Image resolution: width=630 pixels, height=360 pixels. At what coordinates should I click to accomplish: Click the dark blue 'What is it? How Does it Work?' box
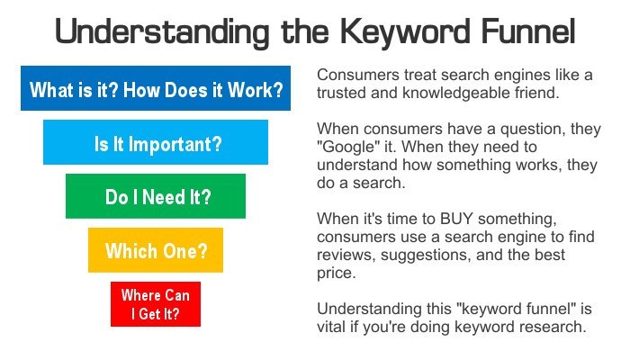(x=157, y=90)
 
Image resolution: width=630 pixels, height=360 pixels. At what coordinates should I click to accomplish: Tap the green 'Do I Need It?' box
(x=156, y=196)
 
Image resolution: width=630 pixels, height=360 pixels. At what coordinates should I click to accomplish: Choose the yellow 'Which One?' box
(x=156, y=250)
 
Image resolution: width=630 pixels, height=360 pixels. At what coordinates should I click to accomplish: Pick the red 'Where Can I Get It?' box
(x=156, y=304)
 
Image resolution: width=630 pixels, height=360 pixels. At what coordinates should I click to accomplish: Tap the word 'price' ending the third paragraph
(x=338, y=274)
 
